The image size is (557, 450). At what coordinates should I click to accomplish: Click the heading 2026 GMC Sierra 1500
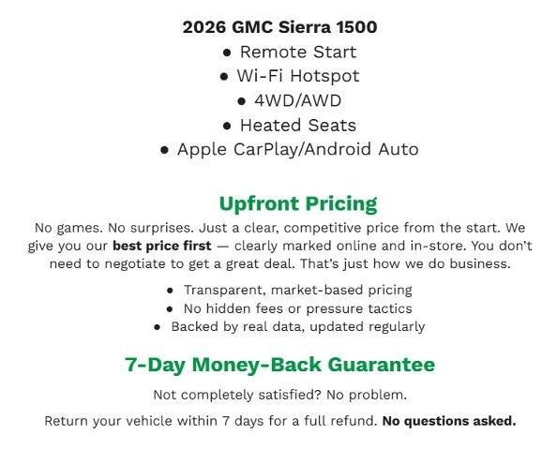(x=279, y=26)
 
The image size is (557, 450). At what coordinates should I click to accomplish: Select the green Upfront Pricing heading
(x=297, y=203)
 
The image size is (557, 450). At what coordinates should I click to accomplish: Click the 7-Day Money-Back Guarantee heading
(x=279, y=365)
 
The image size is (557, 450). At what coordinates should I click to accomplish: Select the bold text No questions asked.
(x=448, y=421)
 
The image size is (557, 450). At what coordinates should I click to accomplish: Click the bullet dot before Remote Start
(x=226, y=52)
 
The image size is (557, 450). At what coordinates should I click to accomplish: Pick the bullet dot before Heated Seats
(x=227, y=126)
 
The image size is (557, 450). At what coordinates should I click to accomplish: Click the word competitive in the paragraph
(x=304, y=228)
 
